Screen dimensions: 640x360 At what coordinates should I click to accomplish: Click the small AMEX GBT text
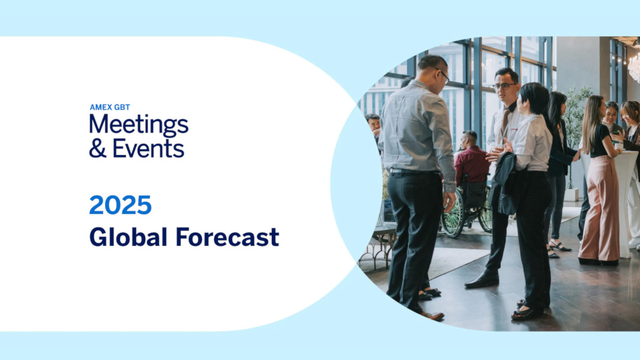(110, 107)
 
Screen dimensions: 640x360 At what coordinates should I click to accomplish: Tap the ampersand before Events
(97, 148)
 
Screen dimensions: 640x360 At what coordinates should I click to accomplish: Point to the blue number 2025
(120, 205)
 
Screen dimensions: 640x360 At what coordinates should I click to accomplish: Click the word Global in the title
(128, 237)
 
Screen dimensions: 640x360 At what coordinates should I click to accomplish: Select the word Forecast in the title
(228, 237)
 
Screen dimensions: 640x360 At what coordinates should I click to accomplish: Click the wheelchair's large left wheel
(453, 214)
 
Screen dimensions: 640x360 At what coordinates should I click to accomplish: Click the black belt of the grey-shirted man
(415, 172)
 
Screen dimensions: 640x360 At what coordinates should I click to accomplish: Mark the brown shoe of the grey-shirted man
(432, 315)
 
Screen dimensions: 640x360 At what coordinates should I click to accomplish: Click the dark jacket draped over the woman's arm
(505, 183)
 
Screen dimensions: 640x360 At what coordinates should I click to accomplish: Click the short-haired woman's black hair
(535, 97)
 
